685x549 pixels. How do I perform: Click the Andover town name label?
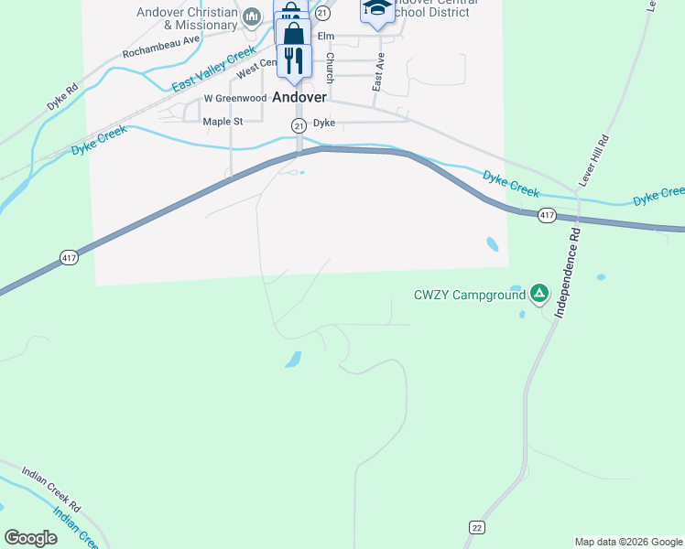299,96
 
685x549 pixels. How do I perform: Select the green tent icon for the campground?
540,294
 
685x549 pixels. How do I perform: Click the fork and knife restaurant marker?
293,61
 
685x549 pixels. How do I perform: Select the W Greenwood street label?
235,98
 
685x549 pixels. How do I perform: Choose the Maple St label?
223,121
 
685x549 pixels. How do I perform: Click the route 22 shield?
476,528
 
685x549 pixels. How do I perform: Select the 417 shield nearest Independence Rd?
547,215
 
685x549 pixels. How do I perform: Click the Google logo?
30,538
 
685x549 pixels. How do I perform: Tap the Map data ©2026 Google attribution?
628,542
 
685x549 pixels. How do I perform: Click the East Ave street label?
377,70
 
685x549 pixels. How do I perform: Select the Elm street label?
324,37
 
